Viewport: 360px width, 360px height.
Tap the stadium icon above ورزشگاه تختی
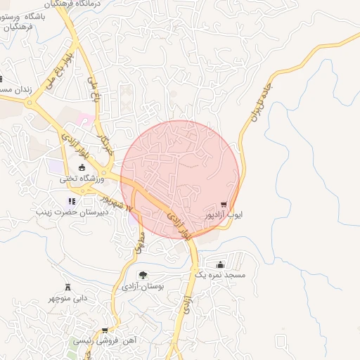(82, 167)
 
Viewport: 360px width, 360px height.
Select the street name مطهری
(139, 243)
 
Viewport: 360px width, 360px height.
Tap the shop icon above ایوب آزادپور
(224, 205)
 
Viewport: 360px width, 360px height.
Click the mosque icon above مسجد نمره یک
(221, 265)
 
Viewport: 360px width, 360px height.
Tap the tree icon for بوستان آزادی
(143, 275)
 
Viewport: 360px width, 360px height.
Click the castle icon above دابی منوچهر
(68, 287)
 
